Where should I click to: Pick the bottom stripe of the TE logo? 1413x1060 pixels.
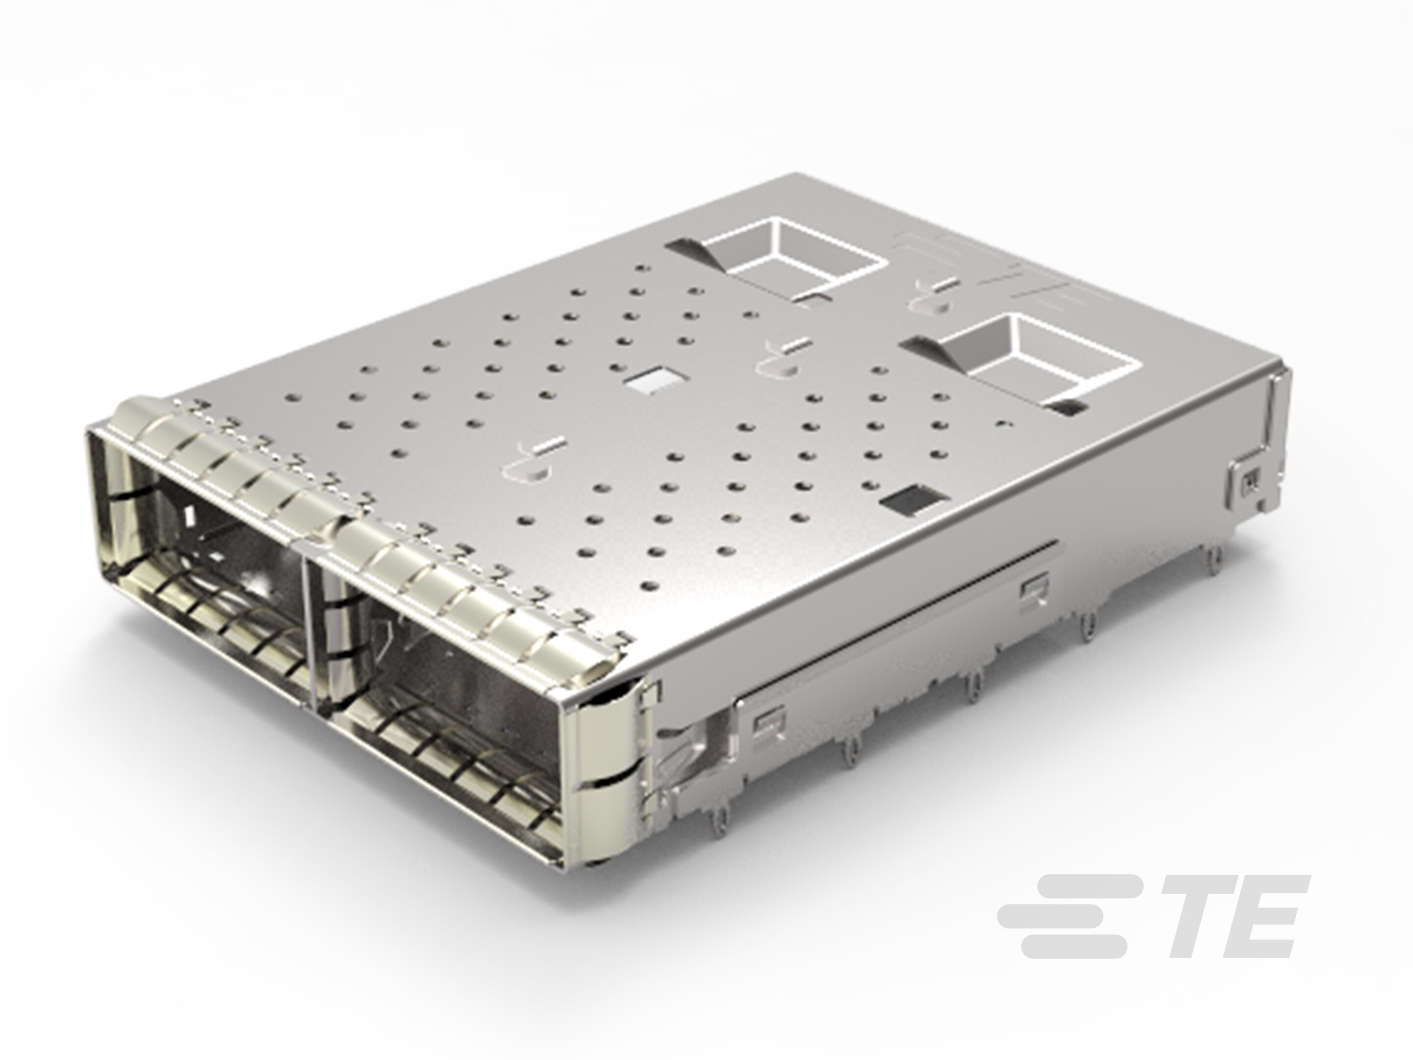click(1073, 947)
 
